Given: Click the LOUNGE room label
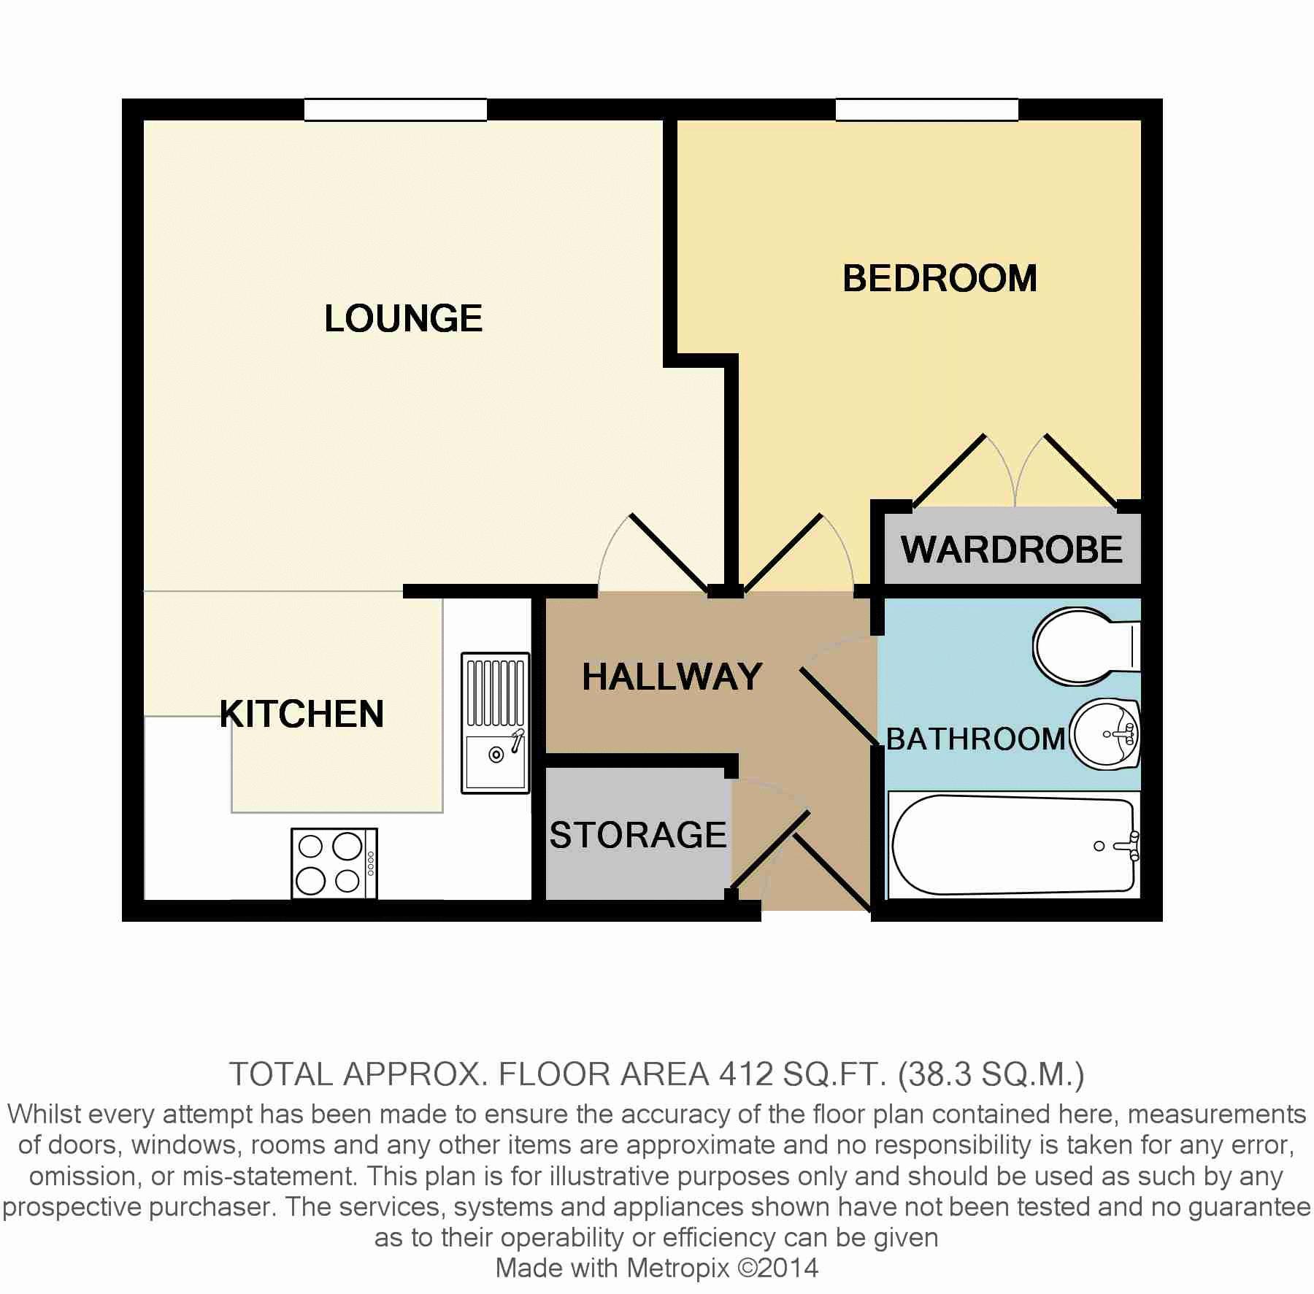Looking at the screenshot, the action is (x=403, y=319).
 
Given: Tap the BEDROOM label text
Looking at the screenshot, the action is (x=940, y=279).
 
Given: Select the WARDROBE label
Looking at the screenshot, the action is (x=1011, y=550).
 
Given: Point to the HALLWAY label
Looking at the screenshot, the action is (x=672, y=677).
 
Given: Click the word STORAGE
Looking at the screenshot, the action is (x=638, y=835).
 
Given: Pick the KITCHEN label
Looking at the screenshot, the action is (x=301, y=714).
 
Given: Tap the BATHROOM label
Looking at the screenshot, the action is (x=976, y=739).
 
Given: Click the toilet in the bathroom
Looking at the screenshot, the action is (x=1086, y=646).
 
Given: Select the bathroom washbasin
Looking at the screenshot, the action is (x=1104, y=734).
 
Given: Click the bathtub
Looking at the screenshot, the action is (x=1013, y=845).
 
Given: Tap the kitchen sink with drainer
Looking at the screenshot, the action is (x=496, y=723).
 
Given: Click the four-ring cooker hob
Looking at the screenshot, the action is (x=334, y=863).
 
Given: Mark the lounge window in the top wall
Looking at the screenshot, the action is (x=396, y=109).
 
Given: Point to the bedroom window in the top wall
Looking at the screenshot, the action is (x=926, y=109).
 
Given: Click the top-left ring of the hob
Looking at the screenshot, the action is (x=311, y=847).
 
